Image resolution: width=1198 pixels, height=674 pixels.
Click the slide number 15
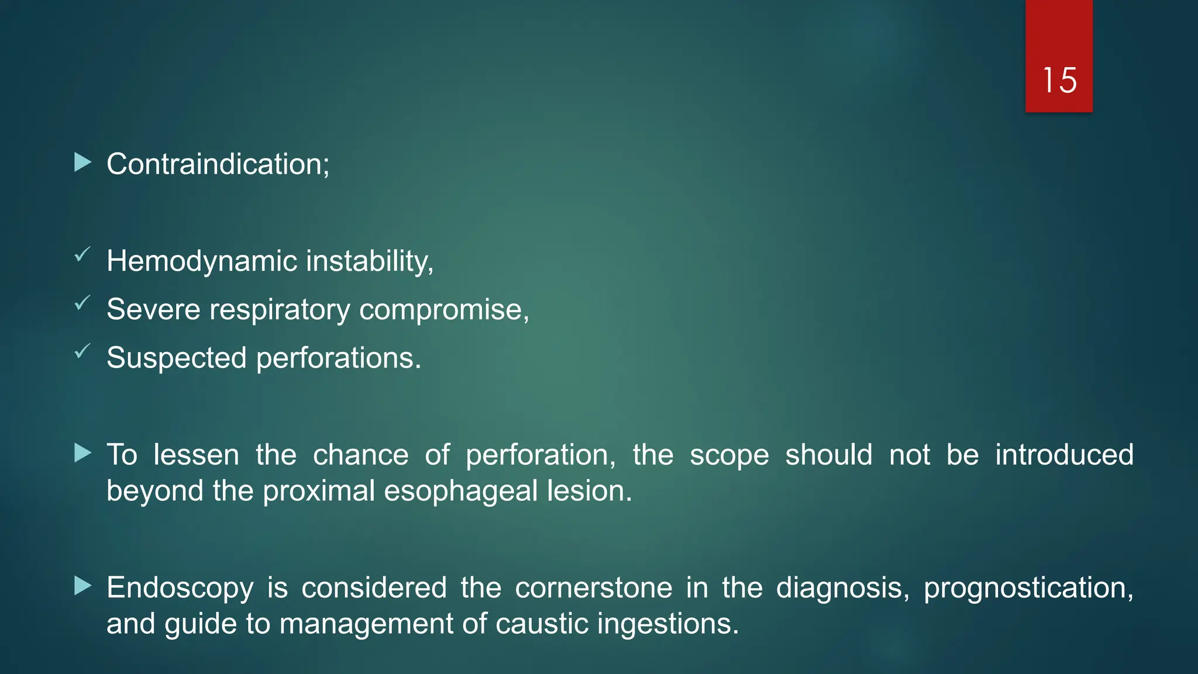(1059, 80)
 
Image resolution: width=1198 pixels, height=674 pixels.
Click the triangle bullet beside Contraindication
(83, 163)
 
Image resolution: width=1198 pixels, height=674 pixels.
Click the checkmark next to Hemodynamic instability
(82, 255)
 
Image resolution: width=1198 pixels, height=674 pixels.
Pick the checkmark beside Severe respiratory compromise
(82, 303)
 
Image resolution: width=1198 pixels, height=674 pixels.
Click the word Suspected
(176, 357)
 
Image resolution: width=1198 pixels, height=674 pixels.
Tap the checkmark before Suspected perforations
(82, 352)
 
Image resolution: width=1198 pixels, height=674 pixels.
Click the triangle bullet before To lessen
(83, 453)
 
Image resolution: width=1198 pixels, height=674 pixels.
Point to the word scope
(729, 455)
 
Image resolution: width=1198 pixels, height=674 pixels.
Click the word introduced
(1064, 455)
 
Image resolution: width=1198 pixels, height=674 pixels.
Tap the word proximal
(318, 491)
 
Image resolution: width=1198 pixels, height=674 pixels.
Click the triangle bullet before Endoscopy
(83, 586)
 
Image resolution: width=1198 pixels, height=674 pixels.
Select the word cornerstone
(593, 587)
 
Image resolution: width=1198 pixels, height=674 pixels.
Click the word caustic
(541, 624)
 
